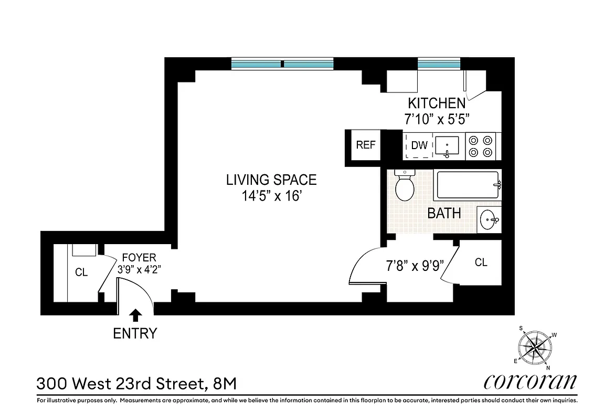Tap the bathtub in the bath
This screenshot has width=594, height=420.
(466, 185)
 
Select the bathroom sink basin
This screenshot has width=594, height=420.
(489, 218)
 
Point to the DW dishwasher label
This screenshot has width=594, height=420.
(419, 145)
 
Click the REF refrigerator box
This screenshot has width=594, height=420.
(366, 145)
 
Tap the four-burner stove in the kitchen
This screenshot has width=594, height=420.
(482, 146)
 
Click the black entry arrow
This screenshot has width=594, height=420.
(135, 314)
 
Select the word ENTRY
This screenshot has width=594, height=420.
(135, 333)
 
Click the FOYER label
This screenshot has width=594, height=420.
(139, 258)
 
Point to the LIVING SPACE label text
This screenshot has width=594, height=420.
(271, 180)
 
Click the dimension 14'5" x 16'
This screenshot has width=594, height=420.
(271, 197)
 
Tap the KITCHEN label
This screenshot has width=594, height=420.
(437, 103)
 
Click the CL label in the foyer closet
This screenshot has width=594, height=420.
(81, 272)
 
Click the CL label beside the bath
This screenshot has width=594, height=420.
(481, 262)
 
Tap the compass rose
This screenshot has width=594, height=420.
(535, 346)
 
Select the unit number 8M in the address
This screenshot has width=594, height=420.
(225, 383)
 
